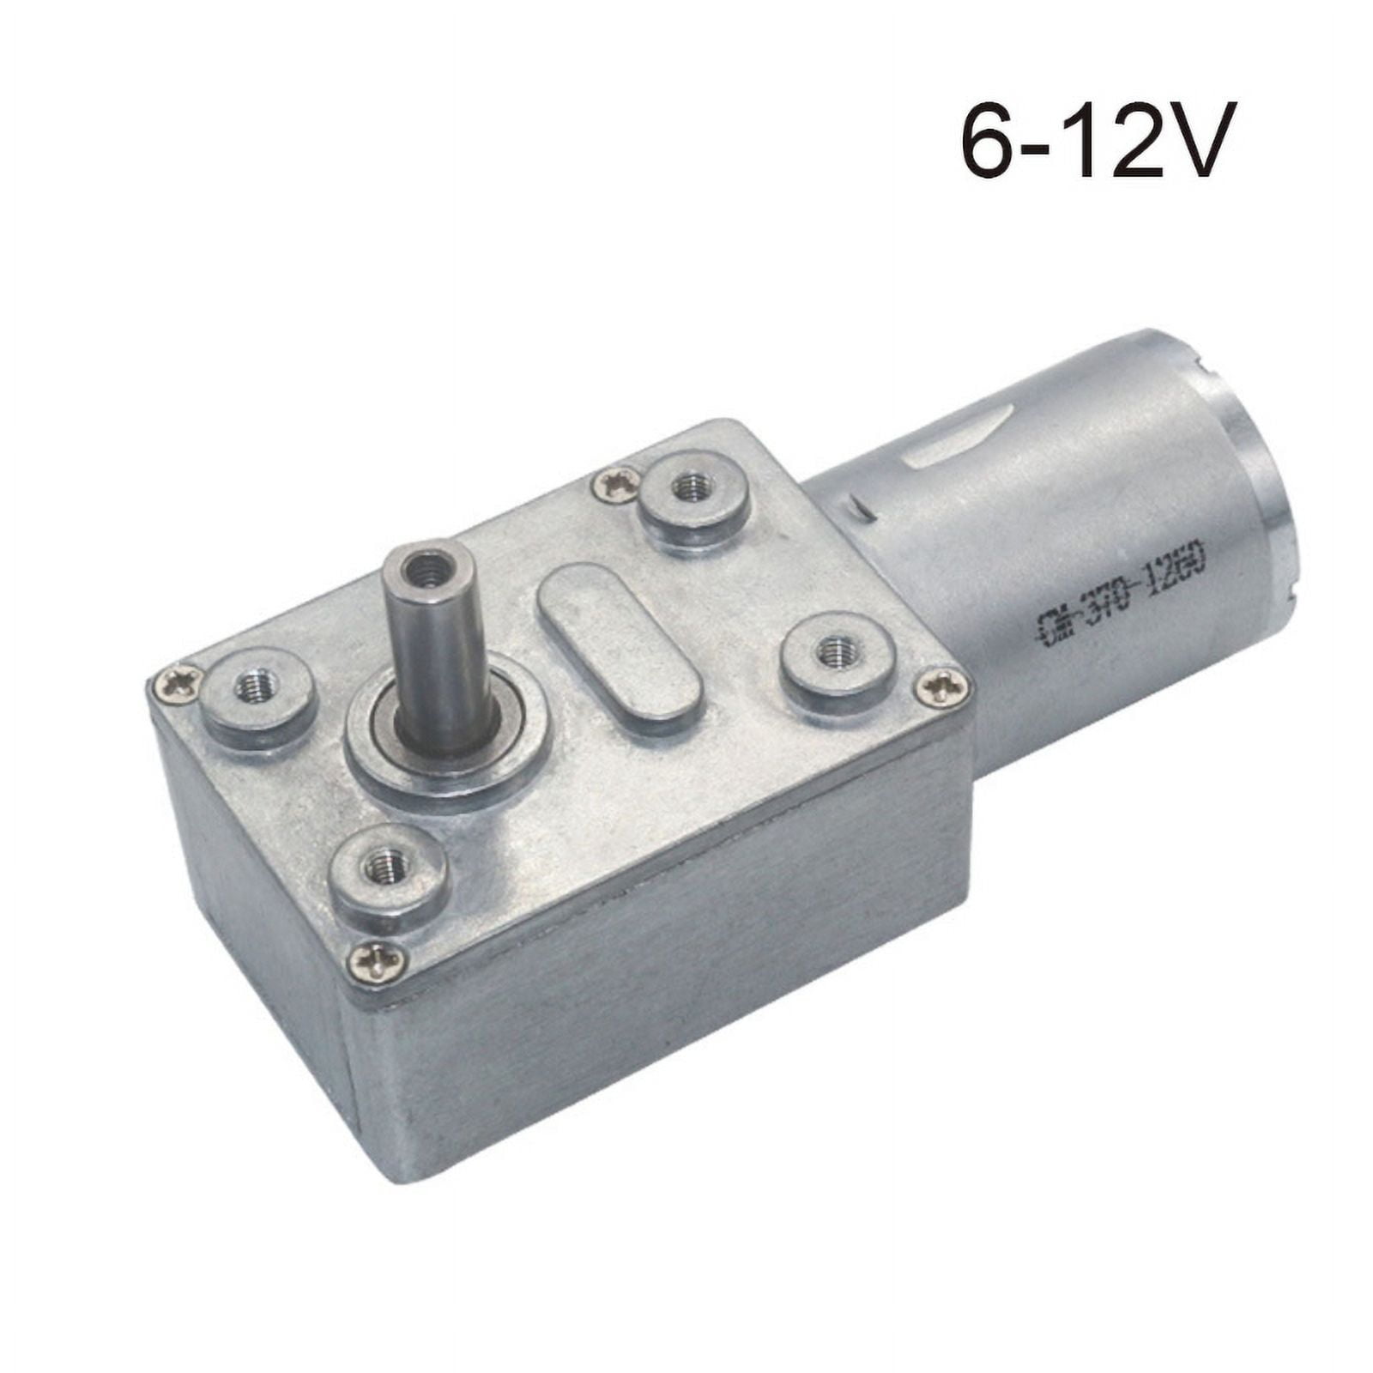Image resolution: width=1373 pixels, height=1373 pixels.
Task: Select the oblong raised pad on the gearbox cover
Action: [619, 641]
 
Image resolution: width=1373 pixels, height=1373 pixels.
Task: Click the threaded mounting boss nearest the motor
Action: [693, 490]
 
